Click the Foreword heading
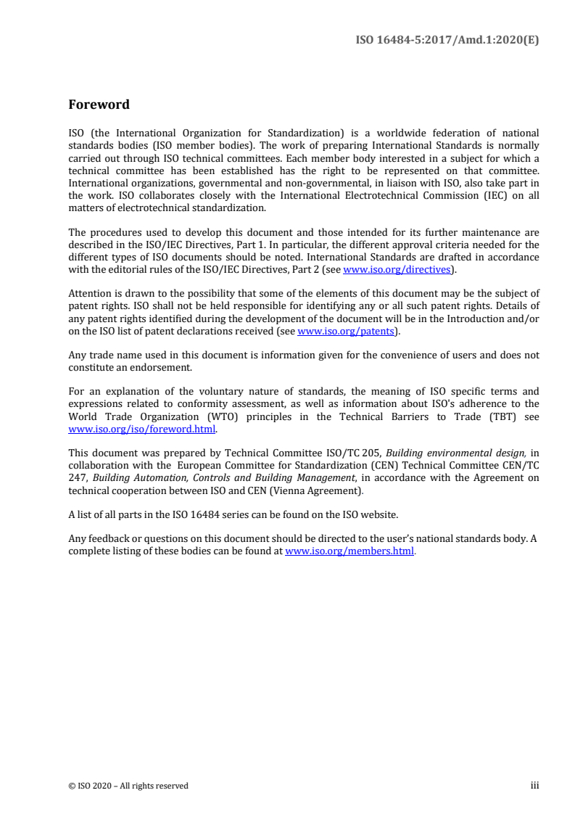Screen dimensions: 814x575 (99, 104)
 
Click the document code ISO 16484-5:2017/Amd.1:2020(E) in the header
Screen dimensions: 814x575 (447, 41)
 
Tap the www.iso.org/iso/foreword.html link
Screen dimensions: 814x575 (142, 428)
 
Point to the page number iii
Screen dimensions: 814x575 (535, 785)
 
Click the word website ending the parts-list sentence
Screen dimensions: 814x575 (379, 514)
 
